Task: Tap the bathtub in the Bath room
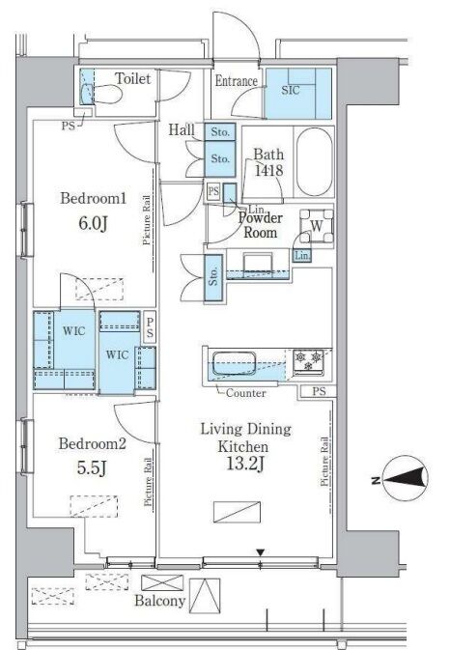click(x=315, y=161)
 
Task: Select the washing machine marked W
click(x=317, y=226)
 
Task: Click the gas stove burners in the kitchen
click(x=309, y=360)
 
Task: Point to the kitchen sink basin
click(x=234, y=363)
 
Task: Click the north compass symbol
click(x=406, y=477)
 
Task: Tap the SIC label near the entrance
click(x=291, y=90)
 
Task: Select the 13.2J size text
click(x=245, y=465)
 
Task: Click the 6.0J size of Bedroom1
click(x=94, y=223)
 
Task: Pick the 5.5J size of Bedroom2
click(x=92, y=468)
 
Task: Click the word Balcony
click(x=159, y=601)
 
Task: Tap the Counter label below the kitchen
click(x=245, y=393)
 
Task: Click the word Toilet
click(x=132, y=78)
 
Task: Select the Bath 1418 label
click(x=268, y=162)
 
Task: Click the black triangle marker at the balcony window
click(x=260, y=552)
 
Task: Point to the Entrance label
click(x=237, y=81)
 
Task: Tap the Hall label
click(x=182, y=130)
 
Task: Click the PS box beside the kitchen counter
click(x=319, y=391)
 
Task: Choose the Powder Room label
click(x=260, y=225)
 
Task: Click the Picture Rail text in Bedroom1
click(x=146, y=219)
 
